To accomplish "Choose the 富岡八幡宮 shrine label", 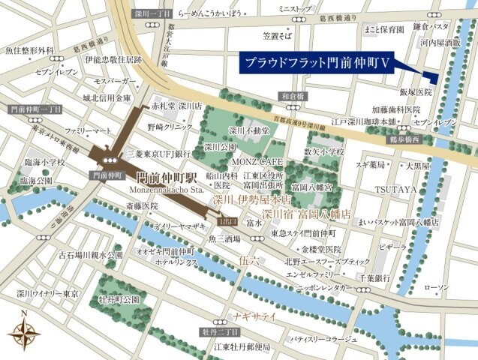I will pyautogui.click(x=313, y=185).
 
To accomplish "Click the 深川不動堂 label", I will pyautogui.click(x=250, y=130).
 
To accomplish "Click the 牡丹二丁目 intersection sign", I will pyautogui.click(x=220, y=331).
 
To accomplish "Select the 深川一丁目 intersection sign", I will pyautogui.click(x=152, y=13).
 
